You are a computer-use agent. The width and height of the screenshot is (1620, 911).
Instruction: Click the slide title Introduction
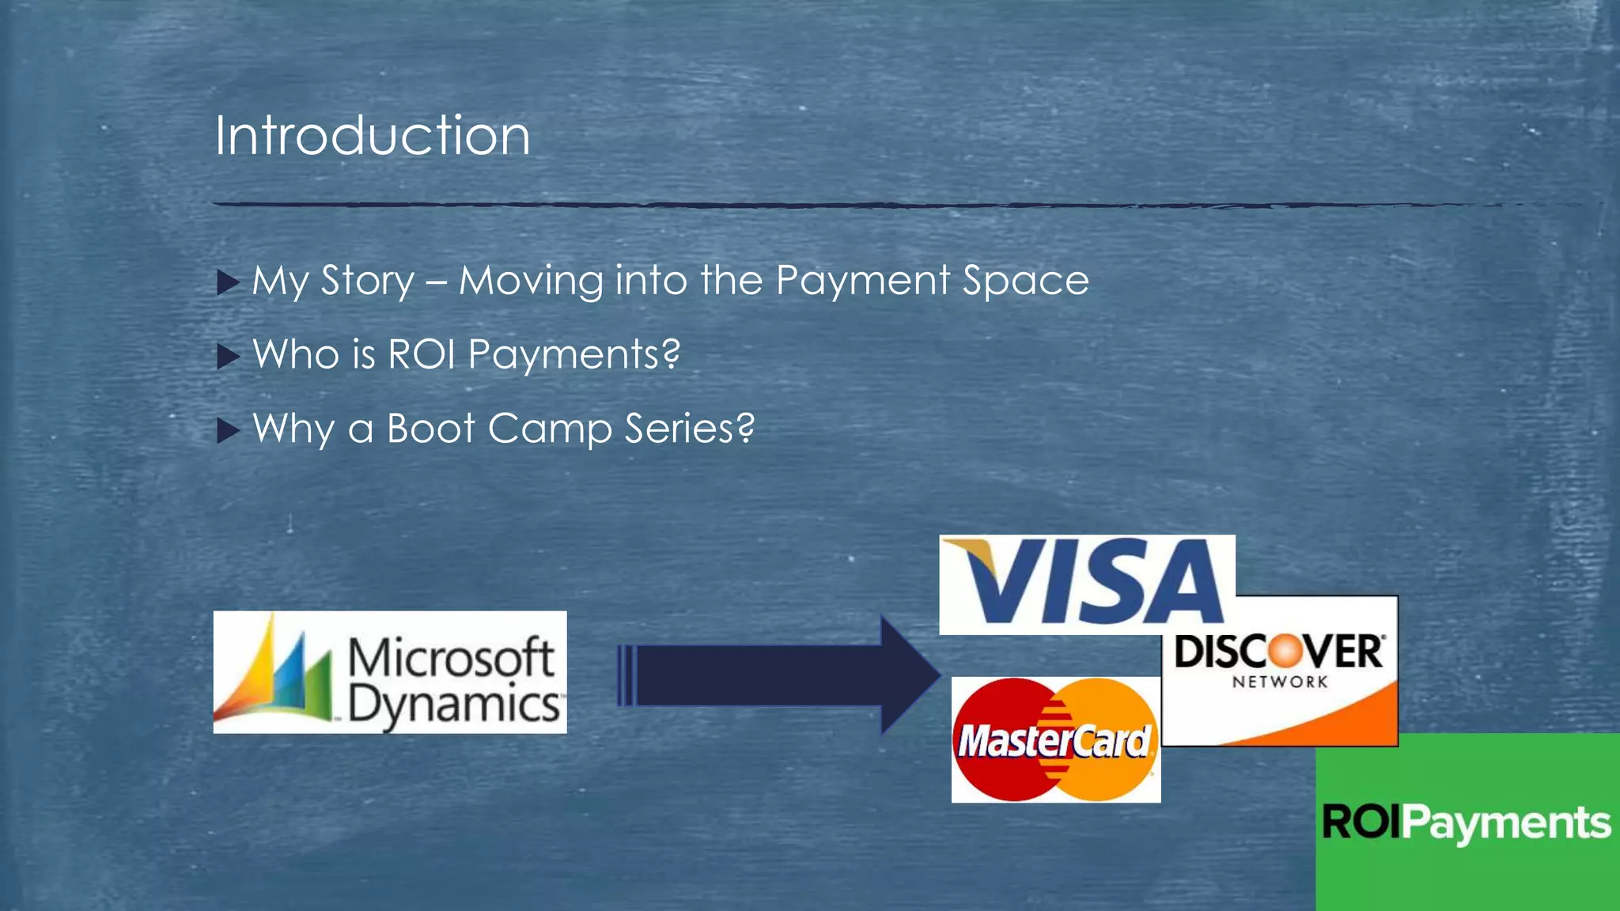(372, 135)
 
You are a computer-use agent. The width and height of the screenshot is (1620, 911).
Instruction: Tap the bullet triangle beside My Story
(228, 282)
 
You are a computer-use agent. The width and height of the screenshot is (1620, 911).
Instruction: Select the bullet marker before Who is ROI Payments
(228, 357)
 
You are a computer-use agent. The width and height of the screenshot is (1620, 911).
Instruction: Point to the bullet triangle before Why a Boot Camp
(228, 430)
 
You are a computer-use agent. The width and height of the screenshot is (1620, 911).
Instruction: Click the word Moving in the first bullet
(531, 281)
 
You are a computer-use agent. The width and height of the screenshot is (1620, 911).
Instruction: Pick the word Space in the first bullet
(1025, 281)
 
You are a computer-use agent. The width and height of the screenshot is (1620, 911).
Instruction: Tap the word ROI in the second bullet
(422, 353)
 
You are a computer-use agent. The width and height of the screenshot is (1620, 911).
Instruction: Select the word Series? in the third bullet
(689, 429)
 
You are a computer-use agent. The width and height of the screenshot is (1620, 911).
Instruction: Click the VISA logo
(1086, 584)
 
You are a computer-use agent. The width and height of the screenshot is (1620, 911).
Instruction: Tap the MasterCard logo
(1055, 740)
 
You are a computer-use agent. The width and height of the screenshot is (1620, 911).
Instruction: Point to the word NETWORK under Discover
(1279, 682)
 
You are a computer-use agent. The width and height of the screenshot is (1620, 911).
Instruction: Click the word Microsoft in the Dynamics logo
(451, 656)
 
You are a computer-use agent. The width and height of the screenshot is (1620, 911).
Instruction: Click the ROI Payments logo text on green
(1466, 822)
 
